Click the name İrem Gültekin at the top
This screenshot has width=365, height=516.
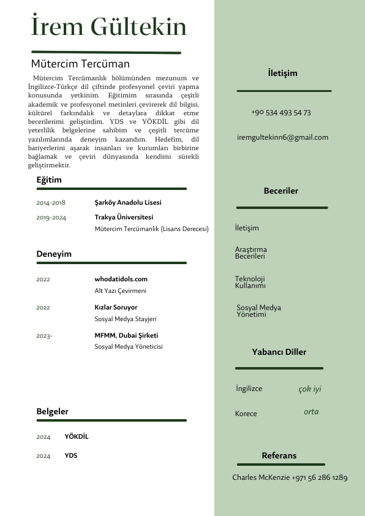point(108,28)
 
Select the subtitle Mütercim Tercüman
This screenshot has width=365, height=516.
point(80,64)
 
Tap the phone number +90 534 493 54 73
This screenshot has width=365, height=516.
point(280,113)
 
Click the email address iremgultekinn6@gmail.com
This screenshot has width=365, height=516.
point(282,137)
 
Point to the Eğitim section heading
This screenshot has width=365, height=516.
point(49,180)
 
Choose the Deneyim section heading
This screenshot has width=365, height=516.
point(54,254)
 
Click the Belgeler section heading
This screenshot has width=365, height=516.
point(52,412)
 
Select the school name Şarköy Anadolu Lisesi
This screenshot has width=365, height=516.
point(128,202)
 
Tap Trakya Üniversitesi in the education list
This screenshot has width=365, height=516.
point(124,217)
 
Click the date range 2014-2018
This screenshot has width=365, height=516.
point(51,202)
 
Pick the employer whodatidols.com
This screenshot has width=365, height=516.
point(121,279)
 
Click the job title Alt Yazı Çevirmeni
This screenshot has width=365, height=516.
point(120,290)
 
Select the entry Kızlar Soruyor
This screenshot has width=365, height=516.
point(116,307)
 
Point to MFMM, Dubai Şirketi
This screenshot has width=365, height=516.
point(126,335)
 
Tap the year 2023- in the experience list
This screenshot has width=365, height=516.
point(44,335)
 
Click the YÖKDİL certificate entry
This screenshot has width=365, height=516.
point(77,436)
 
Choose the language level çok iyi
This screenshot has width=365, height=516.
point(309,389)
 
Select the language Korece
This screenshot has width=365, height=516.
point(246,414)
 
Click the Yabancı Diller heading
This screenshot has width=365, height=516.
point(279,352)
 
